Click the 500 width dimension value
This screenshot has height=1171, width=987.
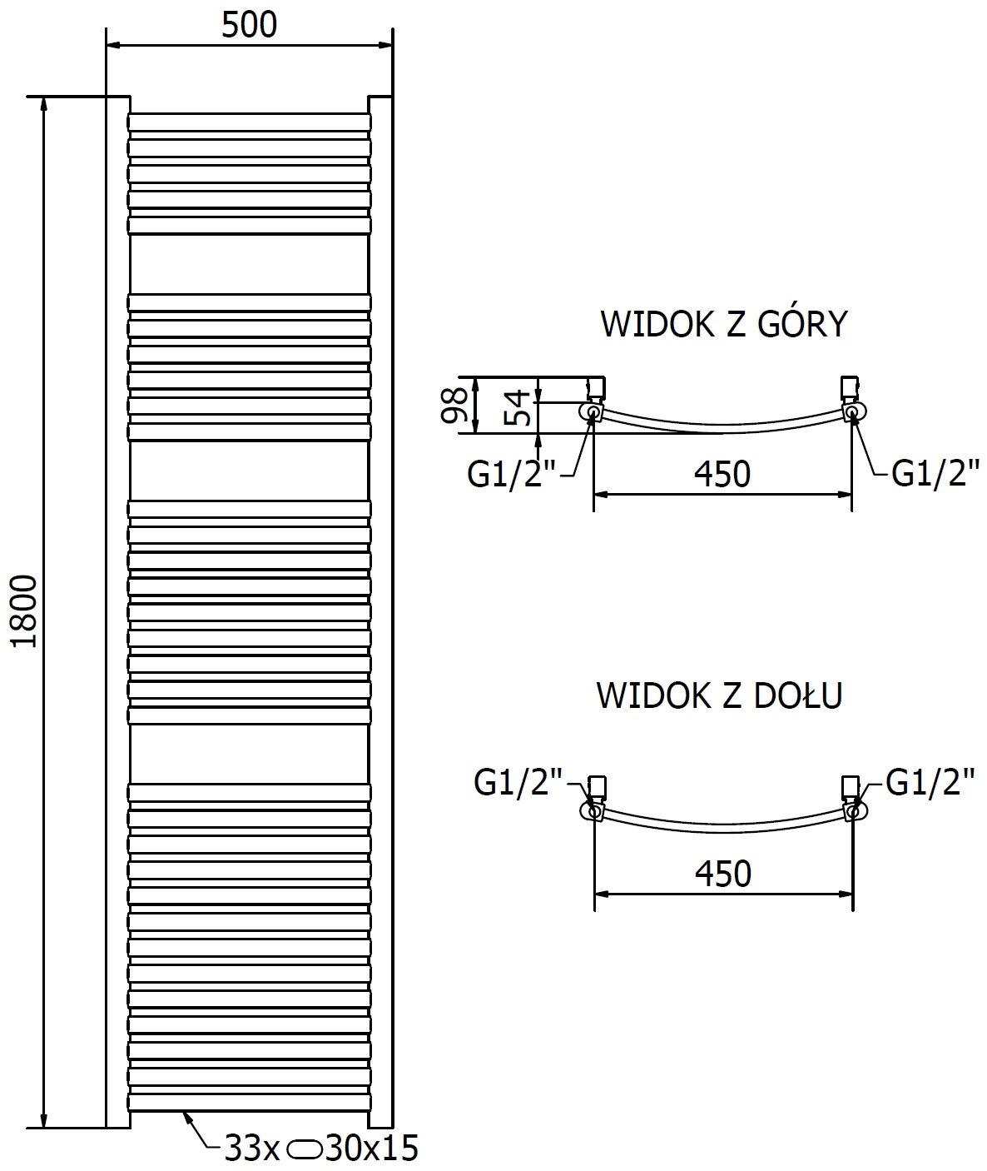click(x=249, y=25)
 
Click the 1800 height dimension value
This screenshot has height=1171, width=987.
click(x=25, y=611)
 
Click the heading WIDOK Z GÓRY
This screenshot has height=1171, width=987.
click(x=723, y=325)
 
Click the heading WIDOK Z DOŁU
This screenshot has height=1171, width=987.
click(x=720, y=695)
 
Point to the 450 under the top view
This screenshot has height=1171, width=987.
click(x=722, y=474)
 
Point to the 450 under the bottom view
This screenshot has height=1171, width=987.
click(x=722, y=874)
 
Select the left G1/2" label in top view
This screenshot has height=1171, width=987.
click(x=511, y=475)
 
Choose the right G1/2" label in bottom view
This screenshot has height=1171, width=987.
click(x=930, y=783)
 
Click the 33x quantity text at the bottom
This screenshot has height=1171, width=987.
click(x=253, y=1149)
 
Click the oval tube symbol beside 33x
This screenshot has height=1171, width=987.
click(x=305, y=1149)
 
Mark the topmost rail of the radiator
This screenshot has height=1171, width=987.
click(x=249, y=122)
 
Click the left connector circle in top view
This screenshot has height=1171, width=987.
click(x=593, y=411)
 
